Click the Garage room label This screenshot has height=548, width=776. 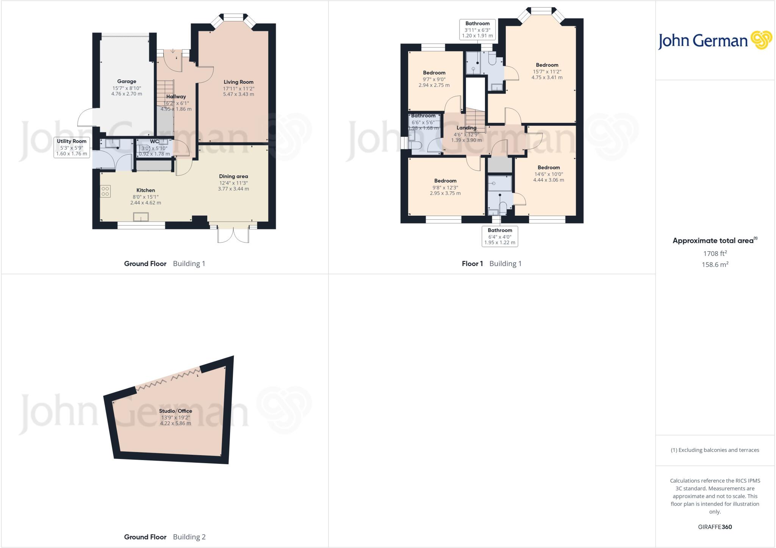click(127, 81)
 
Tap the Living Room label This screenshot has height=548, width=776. click(238, 82)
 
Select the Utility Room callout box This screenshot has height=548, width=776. click(72, 147)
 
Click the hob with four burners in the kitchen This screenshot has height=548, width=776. click(105, 191)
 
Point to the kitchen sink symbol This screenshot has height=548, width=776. click(141, 217)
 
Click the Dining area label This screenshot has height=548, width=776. click(233, 176)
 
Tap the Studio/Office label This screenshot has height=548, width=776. click(175, 411)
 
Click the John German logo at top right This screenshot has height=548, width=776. click(715, 41)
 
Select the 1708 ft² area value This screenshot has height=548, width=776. click(715, 253)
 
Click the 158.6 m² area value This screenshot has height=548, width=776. click(715, 265)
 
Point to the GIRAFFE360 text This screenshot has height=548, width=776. click(715, 527)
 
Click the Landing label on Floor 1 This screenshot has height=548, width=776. click(466, 128)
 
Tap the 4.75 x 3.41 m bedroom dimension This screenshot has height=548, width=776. click(547, 77)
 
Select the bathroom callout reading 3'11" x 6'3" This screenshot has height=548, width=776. click(477, 30)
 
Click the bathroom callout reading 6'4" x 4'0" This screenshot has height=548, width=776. click(500, 236)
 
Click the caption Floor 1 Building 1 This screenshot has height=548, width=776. click(491, 264)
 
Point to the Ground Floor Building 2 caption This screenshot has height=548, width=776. click(164, 537)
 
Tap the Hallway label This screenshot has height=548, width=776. click(176, 97)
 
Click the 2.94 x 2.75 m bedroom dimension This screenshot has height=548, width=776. click(434, 85)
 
